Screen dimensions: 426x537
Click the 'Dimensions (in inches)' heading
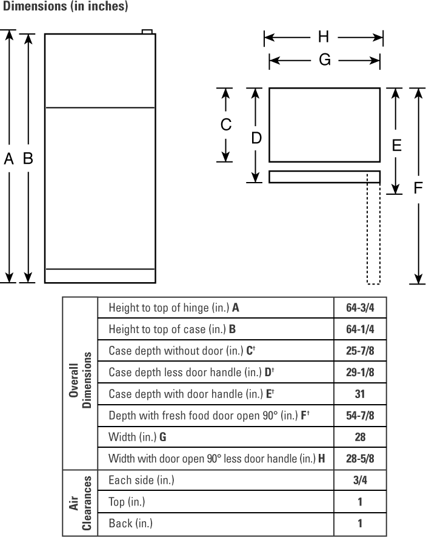click(x=65, y=6)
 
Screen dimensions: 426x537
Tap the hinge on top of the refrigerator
click(x=147, y=32)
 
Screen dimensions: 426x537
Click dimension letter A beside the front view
click(x=9, y=158)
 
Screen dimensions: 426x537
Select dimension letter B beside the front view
click(x=28, y=158)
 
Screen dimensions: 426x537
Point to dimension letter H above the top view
click(x=324, y=36)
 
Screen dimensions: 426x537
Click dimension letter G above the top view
click(x=325, y=59)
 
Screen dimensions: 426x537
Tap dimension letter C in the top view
click(x=225, y=124)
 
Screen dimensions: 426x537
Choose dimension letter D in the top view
click(x=256, y=138)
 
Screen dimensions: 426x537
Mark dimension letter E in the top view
click(x=396, y=146)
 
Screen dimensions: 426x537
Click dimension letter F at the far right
click(x=418, y=187)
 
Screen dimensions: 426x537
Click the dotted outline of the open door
click(x=373, y=234)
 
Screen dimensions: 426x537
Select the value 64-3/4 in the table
click(x=360, y=308)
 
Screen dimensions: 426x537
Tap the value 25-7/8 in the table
click(x=360, y=351)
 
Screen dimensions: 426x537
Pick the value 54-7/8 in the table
click(x=360, y=416)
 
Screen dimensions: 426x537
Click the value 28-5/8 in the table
click(x=360, y=458)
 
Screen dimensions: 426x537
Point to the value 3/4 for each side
click(x=360, y=480)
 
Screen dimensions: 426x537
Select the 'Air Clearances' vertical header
click(x=80, y=503)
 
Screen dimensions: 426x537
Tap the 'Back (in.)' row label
click(x=131, y=523)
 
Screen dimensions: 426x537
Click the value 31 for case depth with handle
click(x=360, y=394)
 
